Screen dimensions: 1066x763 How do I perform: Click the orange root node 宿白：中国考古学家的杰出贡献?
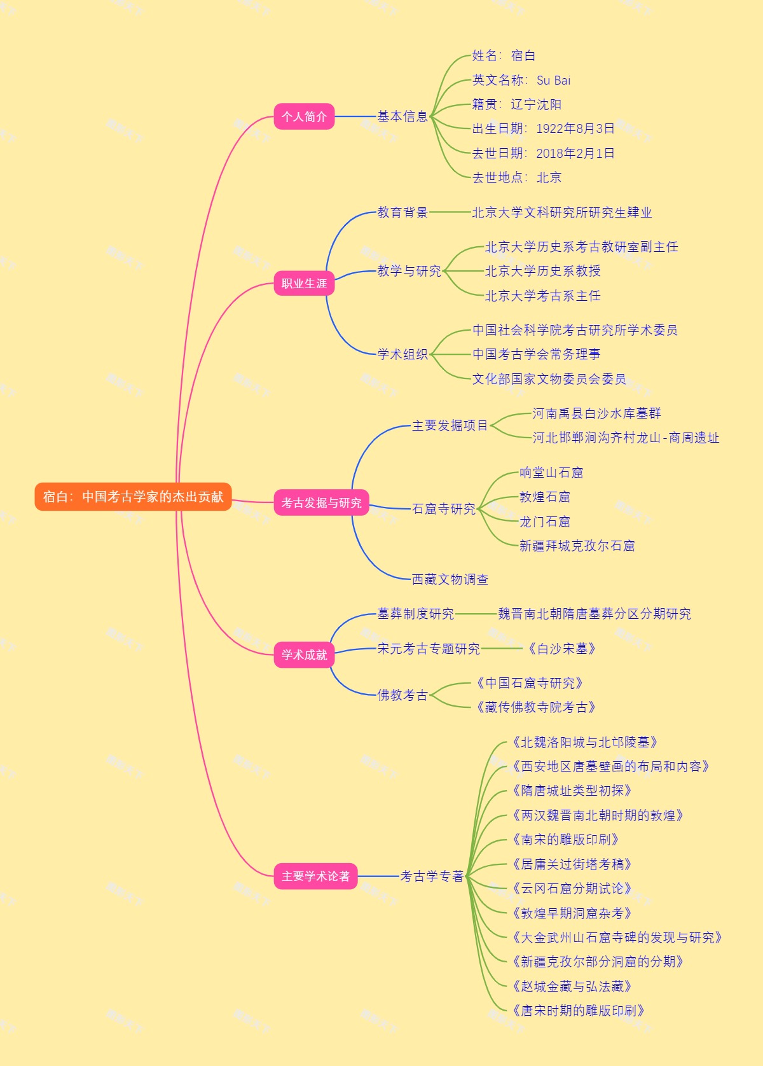pos(133,497)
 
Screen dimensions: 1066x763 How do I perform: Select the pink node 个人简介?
pos(304,116)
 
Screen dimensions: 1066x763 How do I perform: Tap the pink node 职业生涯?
pos(304,283)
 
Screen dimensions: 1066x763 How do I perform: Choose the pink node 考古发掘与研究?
pos(321,502)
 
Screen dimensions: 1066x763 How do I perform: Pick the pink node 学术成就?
pos(304,654)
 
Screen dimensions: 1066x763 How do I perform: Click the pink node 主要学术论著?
pos(315,876)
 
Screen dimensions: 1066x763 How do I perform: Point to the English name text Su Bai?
pos(553,80)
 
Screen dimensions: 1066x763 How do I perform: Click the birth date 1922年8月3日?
pos(575,128)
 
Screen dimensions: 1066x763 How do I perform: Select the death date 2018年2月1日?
pos(575,153)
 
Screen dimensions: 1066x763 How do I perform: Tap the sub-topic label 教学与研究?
pos(409,271)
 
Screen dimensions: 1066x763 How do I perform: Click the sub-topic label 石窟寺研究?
pos(444,509)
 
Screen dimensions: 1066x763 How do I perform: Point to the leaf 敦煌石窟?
pos(545,497)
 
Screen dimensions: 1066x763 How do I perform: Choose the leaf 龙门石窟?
pos(545,522)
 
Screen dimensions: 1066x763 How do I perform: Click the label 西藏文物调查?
pos(450,579)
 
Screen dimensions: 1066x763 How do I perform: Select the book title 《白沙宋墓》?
pos(561,649)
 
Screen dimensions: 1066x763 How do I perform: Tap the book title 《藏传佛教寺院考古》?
pos(535,707)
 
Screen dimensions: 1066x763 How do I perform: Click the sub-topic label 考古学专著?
pos(432,876)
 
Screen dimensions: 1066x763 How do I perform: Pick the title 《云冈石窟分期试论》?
pos(571,889)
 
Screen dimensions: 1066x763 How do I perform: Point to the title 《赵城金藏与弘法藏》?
pos(571,986)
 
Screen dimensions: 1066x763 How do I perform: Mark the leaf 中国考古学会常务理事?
pos(536,354)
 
